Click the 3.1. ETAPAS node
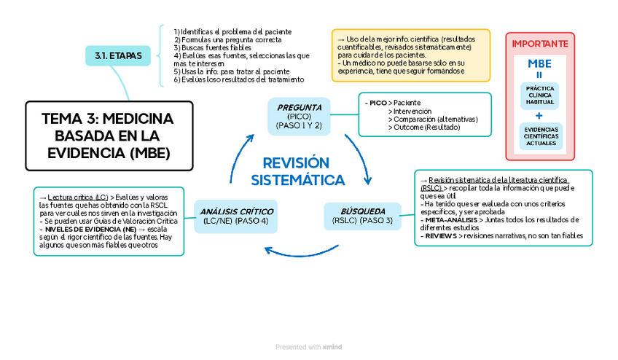(119, 55)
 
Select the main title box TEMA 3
(109, 136)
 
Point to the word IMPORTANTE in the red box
(539, 44)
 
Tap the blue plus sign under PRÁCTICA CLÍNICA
(539, 116)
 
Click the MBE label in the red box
(539, 63)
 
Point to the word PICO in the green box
(378, 103)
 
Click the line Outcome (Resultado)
(424, 127)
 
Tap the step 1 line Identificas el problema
(232, 32)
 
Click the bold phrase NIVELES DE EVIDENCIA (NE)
(88, 229)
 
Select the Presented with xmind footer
(309, 347)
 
